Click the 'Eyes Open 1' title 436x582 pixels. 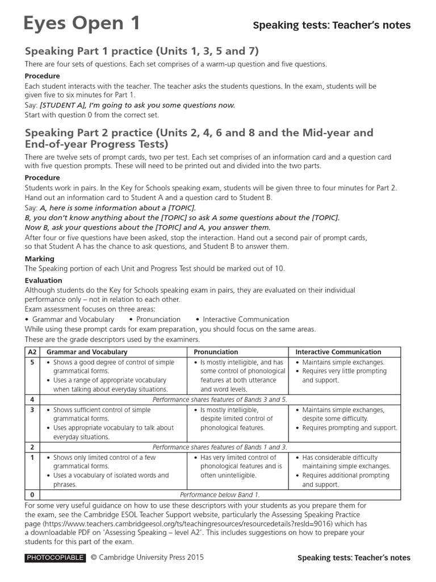[82, 23]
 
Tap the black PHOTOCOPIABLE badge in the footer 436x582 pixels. [55, 558]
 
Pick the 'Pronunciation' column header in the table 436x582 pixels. [216, 352]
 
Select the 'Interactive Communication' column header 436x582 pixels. [338, 352]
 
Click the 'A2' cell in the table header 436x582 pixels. [32, 352]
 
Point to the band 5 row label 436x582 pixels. [32, 362]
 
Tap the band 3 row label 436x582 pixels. [32, 410]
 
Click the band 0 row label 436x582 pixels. [32, 494]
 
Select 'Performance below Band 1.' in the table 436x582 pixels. [220, 494]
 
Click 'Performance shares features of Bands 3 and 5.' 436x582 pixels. [220, 400]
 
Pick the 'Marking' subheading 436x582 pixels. [40, 259]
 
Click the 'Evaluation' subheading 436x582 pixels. [44, 280]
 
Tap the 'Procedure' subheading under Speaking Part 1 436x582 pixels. [43, 76]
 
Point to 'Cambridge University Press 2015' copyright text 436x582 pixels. [151, 558]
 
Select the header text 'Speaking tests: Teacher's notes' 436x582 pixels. [331, 25]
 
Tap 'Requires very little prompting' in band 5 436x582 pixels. [344, 371]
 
